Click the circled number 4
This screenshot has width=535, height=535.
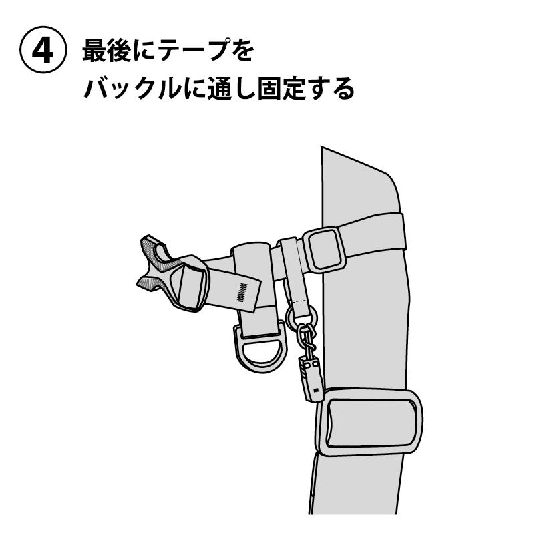coord(43,50)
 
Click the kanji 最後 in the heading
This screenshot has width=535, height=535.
coord(106,50)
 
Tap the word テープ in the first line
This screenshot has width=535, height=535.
coord(194,50)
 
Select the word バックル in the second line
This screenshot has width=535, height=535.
coord(132,88)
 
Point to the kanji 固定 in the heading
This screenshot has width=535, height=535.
coord(281,88)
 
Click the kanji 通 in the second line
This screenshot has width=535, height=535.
coord(220,88)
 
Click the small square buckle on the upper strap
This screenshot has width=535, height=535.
coord(324,249)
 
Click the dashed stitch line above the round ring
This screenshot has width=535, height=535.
coord(301,301)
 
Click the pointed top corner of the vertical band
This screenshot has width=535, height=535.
coord(321,146)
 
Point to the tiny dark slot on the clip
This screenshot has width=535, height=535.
coord(316,390)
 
